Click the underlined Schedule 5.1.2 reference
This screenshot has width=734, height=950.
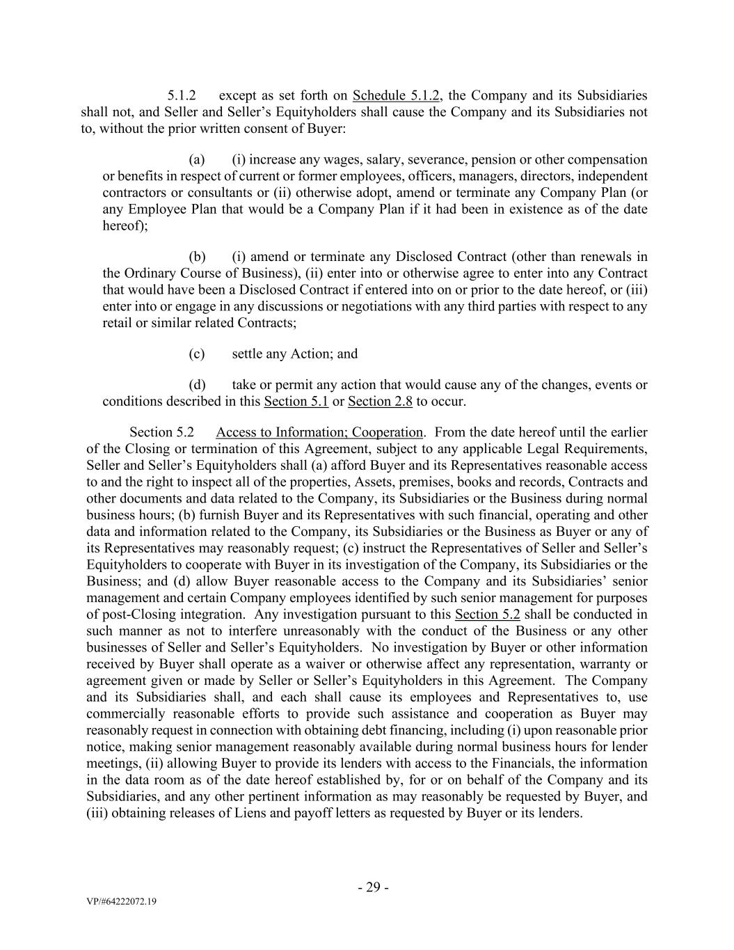tap(396, 95)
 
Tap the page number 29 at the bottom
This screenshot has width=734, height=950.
tap(373, 887)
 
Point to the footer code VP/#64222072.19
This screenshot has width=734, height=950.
tap(122, 902)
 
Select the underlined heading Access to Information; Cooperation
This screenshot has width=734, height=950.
tap(319, 432)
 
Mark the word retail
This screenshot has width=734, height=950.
tap(118, 323)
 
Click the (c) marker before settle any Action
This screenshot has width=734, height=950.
tap(197, 354)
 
